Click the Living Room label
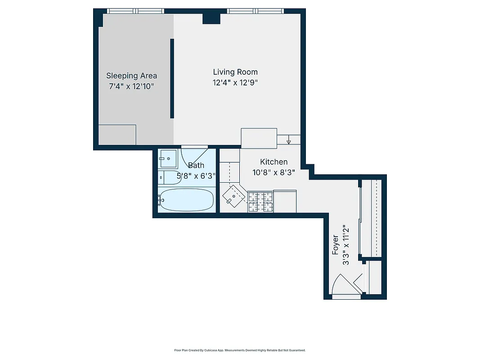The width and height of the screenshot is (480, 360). point(235,72)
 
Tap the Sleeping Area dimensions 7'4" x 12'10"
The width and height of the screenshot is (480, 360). point(132,86)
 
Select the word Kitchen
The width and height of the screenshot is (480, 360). point(274,162)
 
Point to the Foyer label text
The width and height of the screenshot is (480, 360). point(336,245)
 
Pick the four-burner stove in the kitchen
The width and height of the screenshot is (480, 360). point(260,202)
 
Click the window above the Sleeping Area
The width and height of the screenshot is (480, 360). point(135,11)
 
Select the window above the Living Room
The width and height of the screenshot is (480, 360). point(255,11)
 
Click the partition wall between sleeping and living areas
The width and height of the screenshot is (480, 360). point(172,79)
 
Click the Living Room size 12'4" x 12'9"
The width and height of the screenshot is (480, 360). point(235,82)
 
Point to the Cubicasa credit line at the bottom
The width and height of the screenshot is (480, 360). point(240,350)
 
